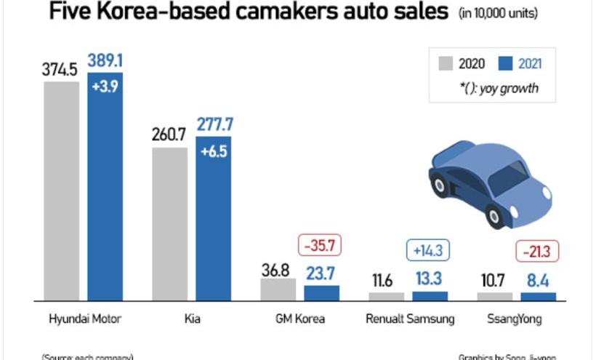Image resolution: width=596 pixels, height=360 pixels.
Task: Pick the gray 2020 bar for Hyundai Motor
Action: [x=62, y=191]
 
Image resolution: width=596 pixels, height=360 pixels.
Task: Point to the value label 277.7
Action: [x=213, y=124]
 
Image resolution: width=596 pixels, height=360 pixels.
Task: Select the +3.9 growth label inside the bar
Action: [x=105, y=87]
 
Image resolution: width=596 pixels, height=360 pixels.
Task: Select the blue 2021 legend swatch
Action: [x=506, y=63]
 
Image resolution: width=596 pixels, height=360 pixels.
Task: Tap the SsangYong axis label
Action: [x=517, y=319]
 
